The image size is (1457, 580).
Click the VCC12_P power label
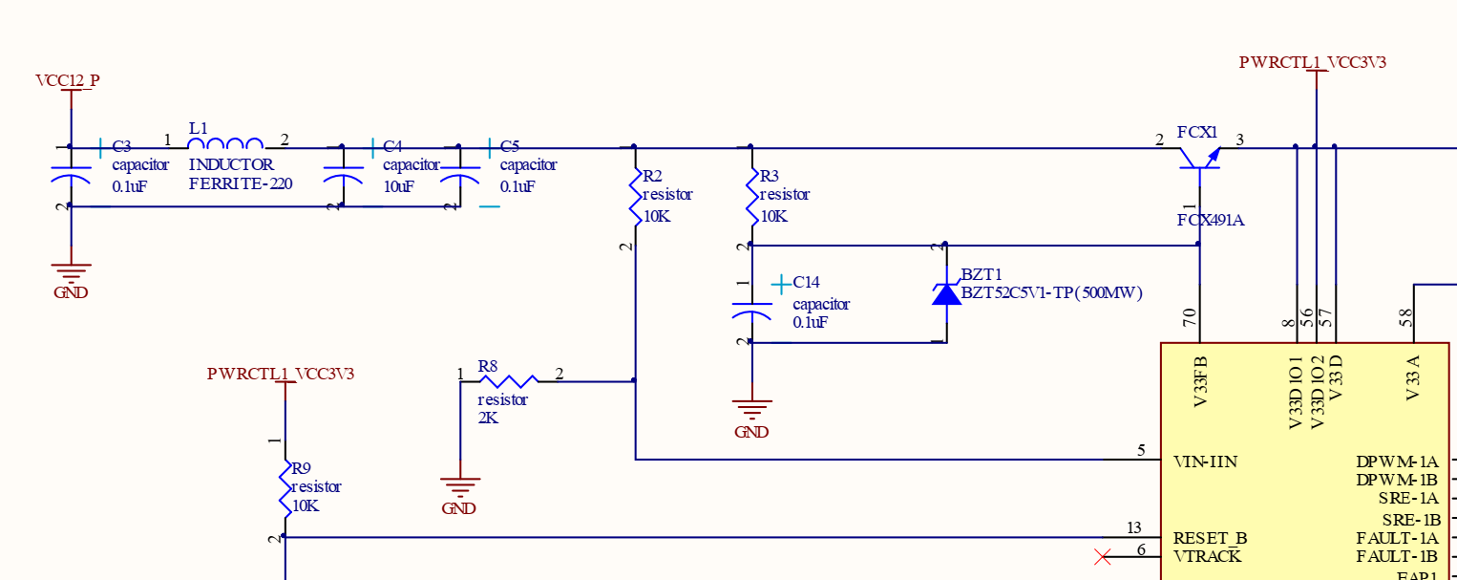67,80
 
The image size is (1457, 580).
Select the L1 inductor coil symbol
225,144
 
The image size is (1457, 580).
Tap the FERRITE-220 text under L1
240,183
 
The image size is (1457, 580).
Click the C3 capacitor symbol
70,177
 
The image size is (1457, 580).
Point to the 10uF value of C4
398,186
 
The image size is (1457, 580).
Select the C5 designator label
510,146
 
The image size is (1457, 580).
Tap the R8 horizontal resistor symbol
507,379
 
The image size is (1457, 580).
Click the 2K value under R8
488,419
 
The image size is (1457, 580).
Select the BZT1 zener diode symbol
946,293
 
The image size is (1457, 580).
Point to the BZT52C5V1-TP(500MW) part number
1051,293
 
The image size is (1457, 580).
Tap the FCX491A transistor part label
1210,220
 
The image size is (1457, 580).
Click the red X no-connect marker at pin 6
1103,556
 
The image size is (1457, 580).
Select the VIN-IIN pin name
1205,462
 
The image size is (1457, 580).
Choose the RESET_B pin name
1210,538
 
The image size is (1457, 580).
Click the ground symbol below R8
460,487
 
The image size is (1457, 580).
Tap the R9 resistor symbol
285,488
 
